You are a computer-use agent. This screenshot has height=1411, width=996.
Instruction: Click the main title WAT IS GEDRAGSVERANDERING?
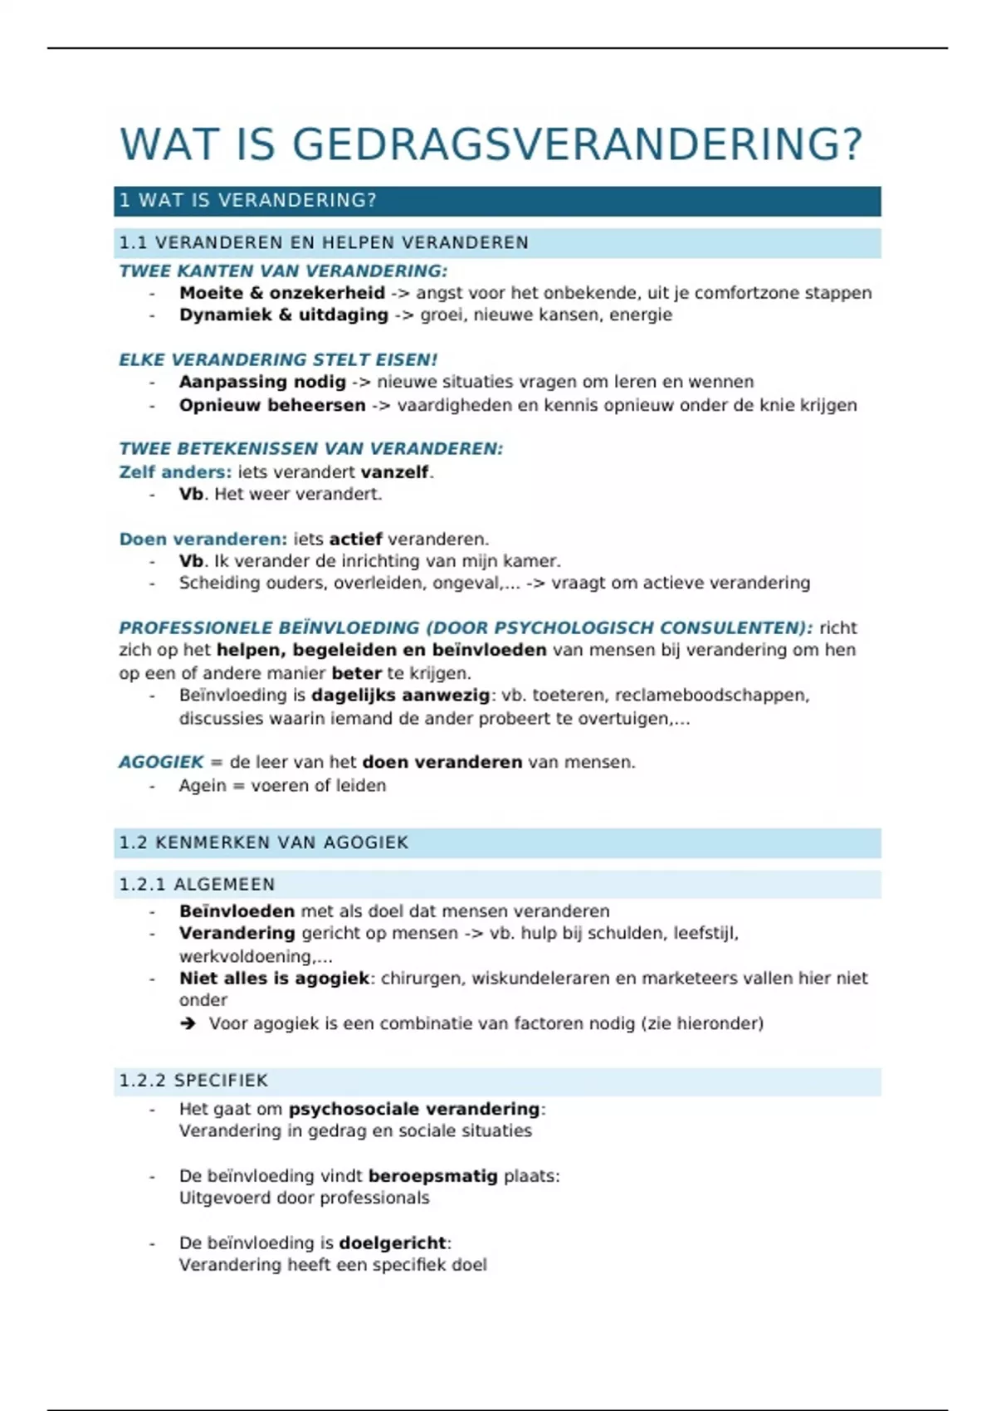(x=491, y=144)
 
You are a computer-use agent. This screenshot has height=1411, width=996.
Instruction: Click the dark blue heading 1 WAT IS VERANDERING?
(x=248, y=201)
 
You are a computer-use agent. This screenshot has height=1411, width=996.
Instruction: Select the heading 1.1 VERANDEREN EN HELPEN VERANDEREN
(x=324, y=243)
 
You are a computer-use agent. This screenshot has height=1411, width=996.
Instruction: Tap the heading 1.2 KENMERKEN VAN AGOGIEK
(x=264, y=843)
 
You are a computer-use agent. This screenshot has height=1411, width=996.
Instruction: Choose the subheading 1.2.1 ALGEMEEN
(x=197, y=885)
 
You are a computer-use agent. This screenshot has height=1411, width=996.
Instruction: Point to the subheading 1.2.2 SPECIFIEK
(x=193, y=1081)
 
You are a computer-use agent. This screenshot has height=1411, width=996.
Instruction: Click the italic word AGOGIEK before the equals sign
(x=161, y=763)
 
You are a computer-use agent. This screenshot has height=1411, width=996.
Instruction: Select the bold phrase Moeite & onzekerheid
(x=282, y=293)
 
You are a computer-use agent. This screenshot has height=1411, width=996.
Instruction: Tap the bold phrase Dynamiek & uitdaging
(x=284, y=315)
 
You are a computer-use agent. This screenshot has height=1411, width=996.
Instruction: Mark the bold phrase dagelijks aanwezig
(x=400, y=696)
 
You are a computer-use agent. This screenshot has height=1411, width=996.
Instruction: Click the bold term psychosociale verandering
(x=414, y=1110)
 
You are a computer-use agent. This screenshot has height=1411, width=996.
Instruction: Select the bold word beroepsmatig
(x=432, y=1176)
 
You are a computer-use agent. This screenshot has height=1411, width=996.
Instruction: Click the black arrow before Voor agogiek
(x=188, y=1024)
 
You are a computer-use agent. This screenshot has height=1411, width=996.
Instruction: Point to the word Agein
(x=202, y=786)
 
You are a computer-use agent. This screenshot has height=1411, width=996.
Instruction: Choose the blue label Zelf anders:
(x=175, y=472)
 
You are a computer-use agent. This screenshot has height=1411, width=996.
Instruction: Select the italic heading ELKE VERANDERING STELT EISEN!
(x=278, y=360)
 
